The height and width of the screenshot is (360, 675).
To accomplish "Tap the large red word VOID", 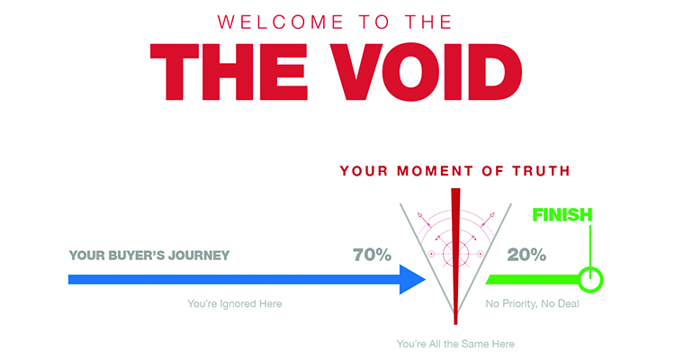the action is (427, 71).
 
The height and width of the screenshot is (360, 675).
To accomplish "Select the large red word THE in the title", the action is (229, 72).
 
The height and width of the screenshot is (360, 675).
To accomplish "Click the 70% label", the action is (372, 255).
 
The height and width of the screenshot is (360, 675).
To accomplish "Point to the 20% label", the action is (526, 255).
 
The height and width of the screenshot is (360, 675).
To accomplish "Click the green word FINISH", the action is (562, 214).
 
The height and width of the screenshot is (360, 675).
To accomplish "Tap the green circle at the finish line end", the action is (590, 280).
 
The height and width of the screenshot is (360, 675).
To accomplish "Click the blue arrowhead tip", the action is (426, 280).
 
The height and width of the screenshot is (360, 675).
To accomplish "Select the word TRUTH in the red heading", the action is (541, 171).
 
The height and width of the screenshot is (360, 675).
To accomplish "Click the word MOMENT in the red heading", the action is (436, 171).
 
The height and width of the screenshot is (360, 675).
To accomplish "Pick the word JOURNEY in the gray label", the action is (199, 256).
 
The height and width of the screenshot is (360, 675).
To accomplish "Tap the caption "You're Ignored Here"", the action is (235, 303).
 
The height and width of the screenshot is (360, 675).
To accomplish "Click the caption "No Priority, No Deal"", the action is (532, 303).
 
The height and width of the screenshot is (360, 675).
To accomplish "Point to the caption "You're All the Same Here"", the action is (455, 344).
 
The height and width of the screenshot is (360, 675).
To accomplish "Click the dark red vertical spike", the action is (455, 256).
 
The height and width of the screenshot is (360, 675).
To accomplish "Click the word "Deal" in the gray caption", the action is (569, 303).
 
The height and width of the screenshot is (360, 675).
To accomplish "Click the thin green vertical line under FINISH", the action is (590, 247).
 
